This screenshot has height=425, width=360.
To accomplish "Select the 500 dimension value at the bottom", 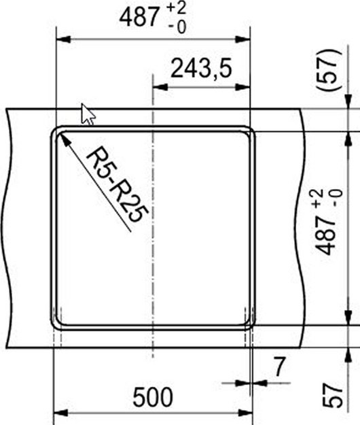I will click(x=152, y=396).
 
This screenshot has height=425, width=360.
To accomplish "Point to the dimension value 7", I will click(x=280, y=368).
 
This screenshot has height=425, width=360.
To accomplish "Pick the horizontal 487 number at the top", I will click(x=139, y=18).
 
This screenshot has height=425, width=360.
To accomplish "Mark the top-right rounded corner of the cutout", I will click(x=249, y=131).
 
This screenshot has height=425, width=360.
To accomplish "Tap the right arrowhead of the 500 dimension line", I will click(x=249, y=412).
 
